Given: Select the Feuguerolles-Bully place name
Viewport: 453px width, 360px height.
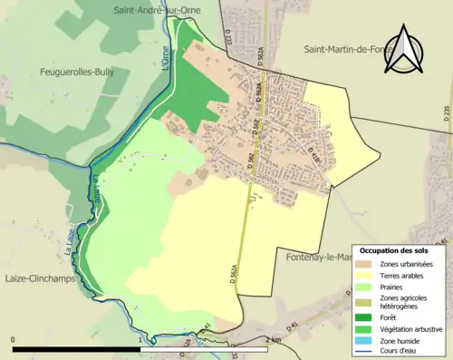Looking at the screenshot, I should [x=77, y=71].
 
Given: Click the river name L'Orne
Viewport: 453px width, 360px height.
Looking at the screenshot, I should [x=165, y=61].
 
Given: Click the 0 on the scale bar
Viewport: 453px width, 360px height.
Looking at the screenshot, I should [x=14, y=339].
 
